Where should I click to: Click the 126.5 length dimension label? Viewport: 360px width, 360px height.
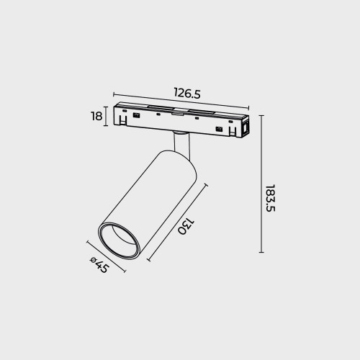click(187, 93)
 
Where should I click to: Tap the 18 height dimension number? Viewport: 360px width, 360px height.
click(96, 117)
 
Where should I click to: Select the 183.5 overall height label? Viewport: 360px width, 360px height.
click(271, 198)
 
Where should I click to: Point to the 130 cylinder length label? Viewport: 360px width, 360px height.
click(186, 226)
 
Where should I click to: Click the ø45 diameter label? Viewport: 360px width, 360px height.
click(99, 265)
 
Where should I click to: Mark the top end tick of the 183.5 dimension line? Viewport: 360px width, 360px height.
click(261, 115)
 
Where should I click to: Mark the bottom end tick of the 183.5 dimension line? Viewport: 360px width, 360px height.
click(261, 252)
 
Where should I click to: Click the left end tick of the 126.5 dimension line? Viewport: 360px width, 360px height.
click(114, 94)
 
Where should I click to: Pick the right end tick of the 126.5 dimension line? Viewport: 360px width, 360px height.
click(248, 108)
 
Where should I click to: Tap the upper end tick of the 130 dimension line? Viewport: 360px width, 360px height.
click(206, 186)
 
